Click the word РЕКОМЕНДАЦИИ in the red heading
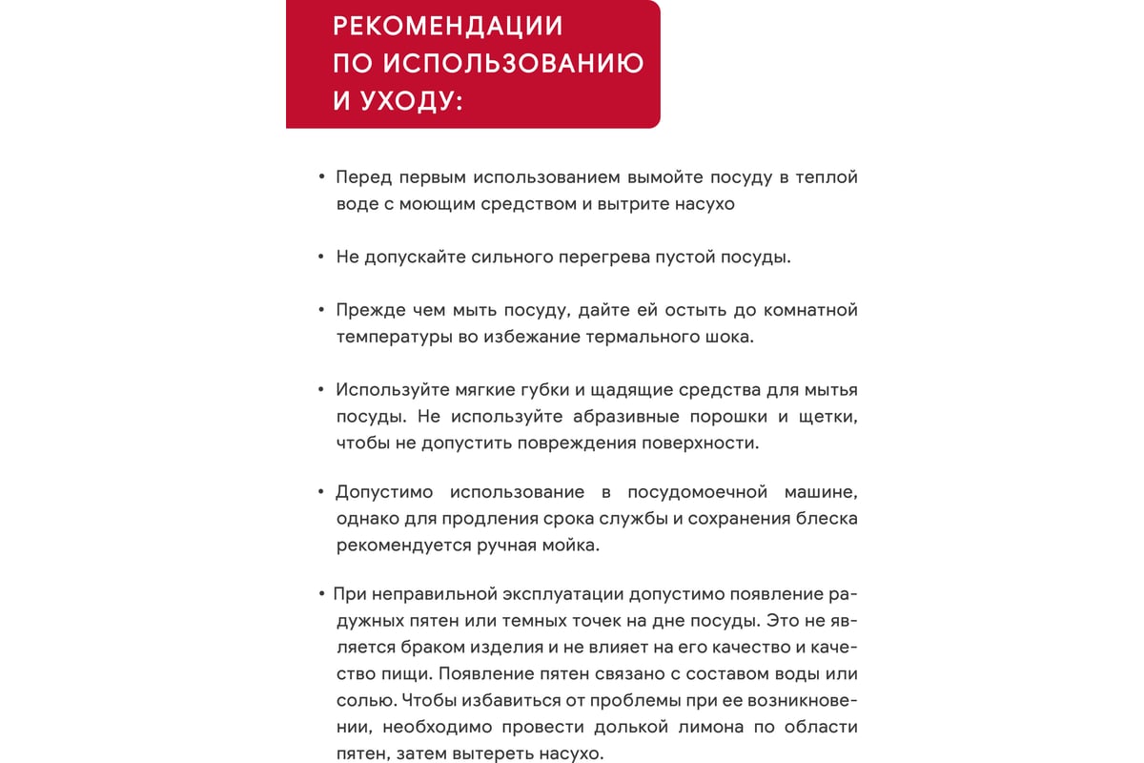pyautogui.click(x=448, y=26)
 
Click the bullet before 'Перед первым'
pyautogui.click(x=321, y=177)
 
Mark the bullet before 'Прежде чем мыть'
pyautogui.click(x=321, y=310)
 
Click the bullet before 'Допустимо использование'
pyautogui.click(x=321, y=492)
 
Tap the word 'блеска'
pyautogui.click(x=825, y=520)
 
